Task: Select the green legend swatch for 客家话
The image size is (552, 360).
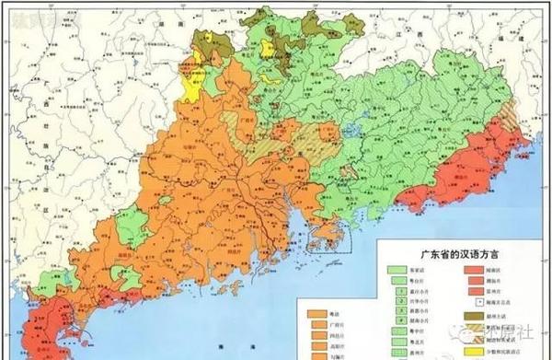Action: [x=398, y=266]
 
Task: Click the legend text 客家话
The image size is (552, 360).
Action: [x=424, y=266]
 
